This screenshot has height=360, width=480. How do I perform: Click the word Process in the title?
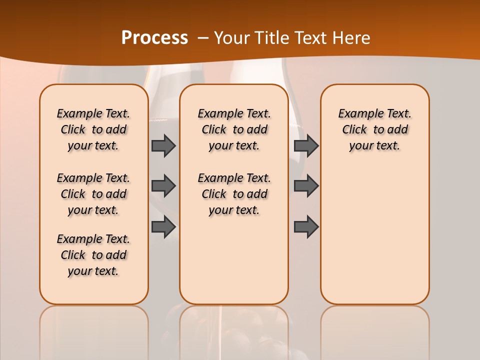tap(154, 38)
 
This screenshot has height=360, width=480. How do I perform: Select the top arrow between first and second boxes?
tap(163, 145)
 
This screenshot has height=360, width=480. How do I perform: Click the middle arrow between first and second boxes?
tap(163, 186)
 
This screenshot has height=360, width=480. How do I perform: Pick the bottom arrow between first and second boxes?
tap(163, 226)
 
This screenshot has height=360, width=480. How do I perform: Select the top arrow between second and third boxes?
tap(306, 145)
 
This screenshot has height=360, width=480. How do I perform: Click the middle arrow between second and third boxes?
tap(306, 186)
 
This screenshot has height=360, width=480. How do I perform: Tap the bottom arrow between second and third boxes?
tap(306, 226)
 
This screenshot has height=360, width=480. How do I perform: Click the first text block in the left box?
tap(93, 129)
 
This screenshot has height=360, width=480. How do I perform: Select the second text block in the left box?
tap(93, 194)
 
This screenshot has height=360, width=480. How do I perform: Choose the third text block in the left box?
tap(93, 255)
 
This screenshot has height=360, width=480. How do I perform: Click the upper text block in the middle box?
tap(234, 129)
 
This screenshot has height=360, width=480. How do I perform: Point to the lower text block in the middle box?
tap(234, 194)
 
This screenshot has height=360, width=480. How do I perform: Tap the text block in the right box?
tap(374, 129)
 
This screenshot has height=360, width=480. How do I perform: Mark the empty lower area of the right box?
tap(374, 235)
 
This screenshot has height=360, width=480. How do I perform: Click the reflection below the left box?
tap(93, 330)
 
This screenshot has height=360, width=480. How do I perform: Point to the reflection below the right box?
tap(374, 330)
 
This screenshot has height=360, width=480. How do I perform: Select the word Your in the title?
tap(230, 38)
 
